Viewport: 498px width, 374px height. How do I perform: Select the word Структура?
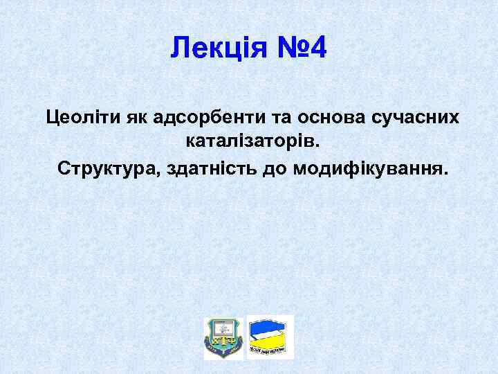(x=110, y=168)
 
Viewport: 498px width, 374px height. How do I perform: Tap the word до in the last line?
(x=277, y=168)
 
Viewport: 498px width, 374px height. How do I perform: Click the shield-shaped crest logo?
(x=223, y=337)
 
